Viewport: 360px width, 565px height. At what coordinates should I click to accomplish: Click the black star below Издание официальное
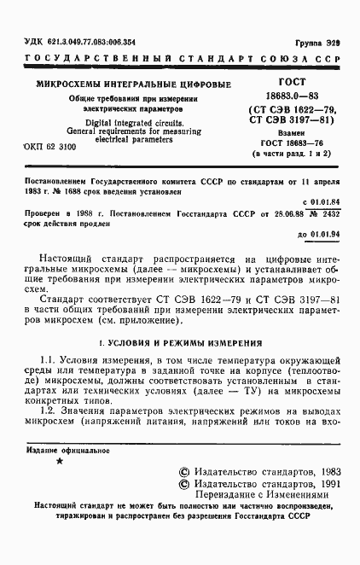point(58,461)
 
